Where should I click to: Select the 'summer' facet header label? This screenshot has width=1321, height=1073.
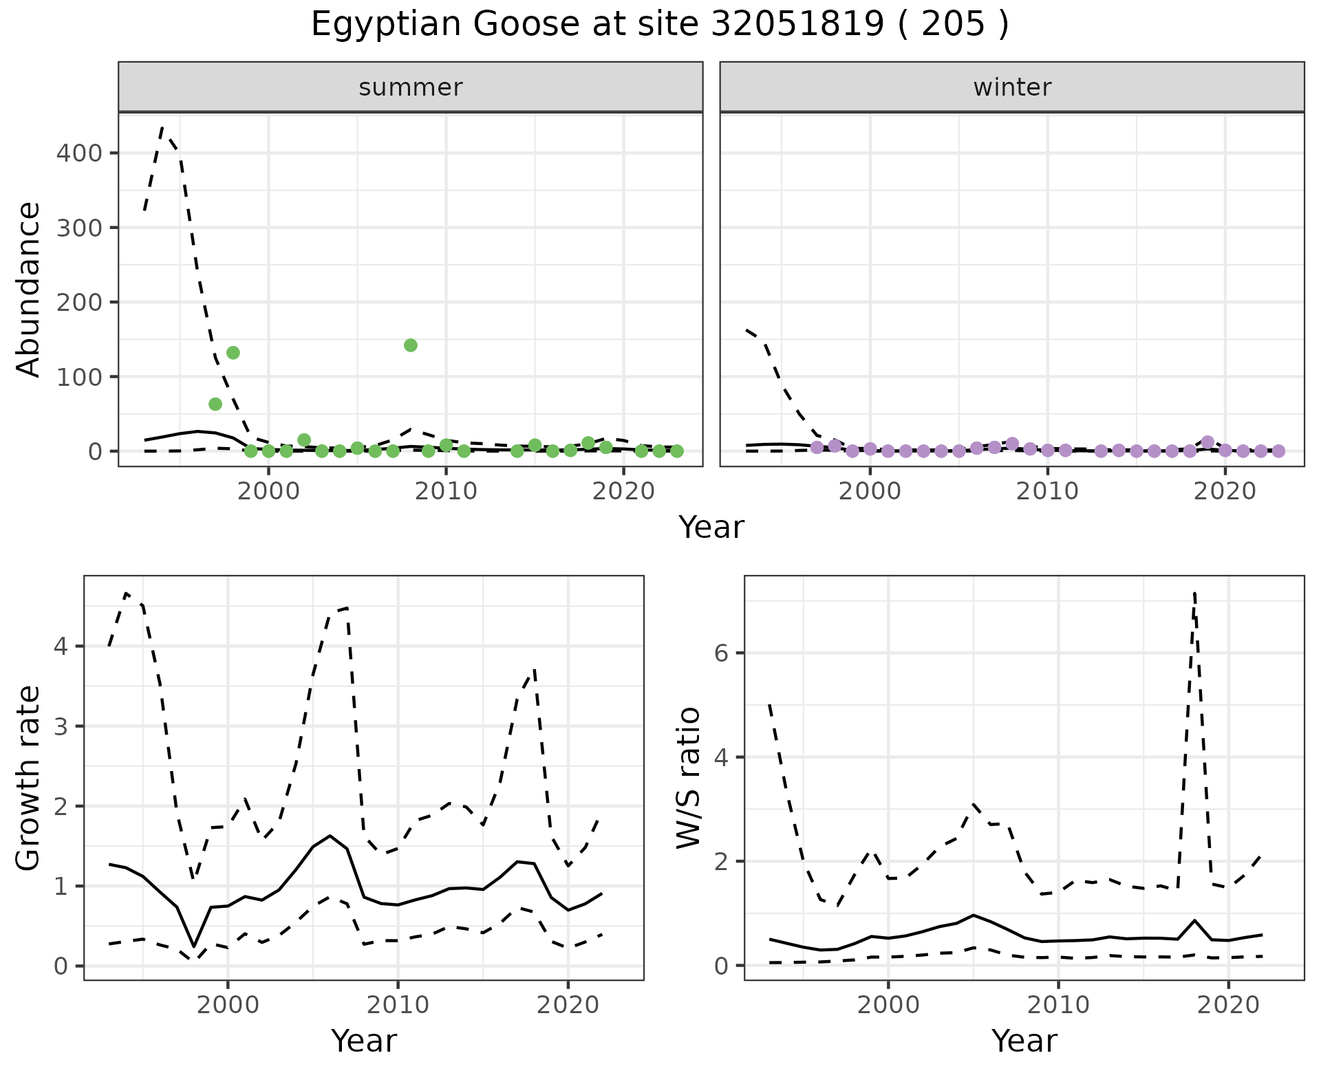coord(410,87)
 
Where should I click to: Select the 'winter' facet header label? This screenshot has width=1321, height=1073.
coord(1011,87)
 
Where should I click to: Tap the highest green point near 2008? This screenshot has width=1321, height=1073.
coord(411,345)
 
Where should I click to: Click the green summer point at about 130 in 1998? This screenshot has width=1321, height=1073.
coord(233,353)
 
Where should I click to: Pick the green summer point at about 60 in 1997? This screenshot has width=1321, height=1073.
coord(215,404)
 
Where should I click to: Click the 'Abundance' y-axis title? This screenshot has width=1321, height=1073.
coord(29,289)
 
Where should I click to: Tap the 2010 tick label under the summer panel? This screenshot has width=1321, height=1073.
coord(446,492)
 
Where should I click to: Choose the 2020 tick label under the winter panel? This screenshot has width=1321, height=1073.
coord(1224,492)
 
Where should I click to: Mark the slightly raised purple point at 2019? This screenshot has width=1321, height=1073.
coord(1207,442)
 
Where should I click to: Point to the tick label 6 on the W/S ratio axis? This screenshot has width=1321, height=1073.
coord(721,653)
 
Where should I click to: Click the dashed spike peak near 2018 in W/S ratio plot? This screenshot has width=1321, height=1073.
coord(1195,593)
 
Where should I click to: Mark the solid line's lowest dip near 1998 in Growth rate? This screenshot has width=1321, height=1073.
coord(194,946)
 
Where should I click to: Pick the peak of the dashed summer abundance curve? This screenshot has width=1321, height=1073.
coord(162,128)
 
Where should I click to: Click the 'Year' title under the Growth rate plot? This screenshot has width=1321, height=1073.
coord(364,1041)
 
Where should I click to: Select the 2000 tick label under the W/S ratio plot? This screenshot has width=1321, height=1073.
coord(888,1005)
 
